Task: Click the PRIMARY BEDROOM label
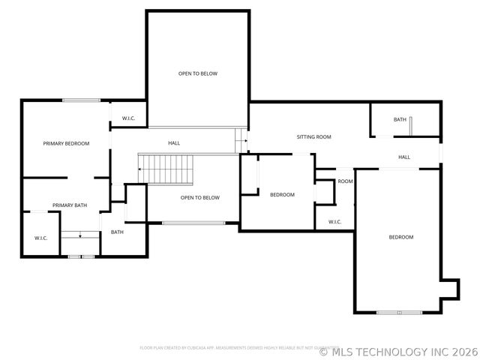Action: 66,144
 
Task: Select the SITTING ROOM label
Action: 313,137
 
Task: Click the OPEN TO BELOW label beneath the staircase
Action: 200,198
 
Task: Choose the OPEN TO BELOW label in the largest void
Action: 198,73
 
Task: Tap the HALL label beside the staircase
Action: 174,143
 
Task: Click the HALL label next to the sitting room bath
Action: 404,157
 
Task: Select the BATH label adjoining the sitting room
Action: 400,120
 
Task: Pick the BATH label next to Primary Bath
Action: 117,232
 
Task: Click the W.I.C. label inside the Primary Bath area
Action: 41,238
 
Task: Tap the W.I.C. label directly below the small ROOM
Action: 334,222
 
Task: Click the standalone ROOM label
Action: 345,181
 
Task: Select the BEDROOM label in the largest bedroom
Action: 400,238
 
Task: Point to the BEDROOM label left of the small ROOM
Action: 282,195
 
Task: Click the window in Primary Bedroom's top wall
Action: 81,100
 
